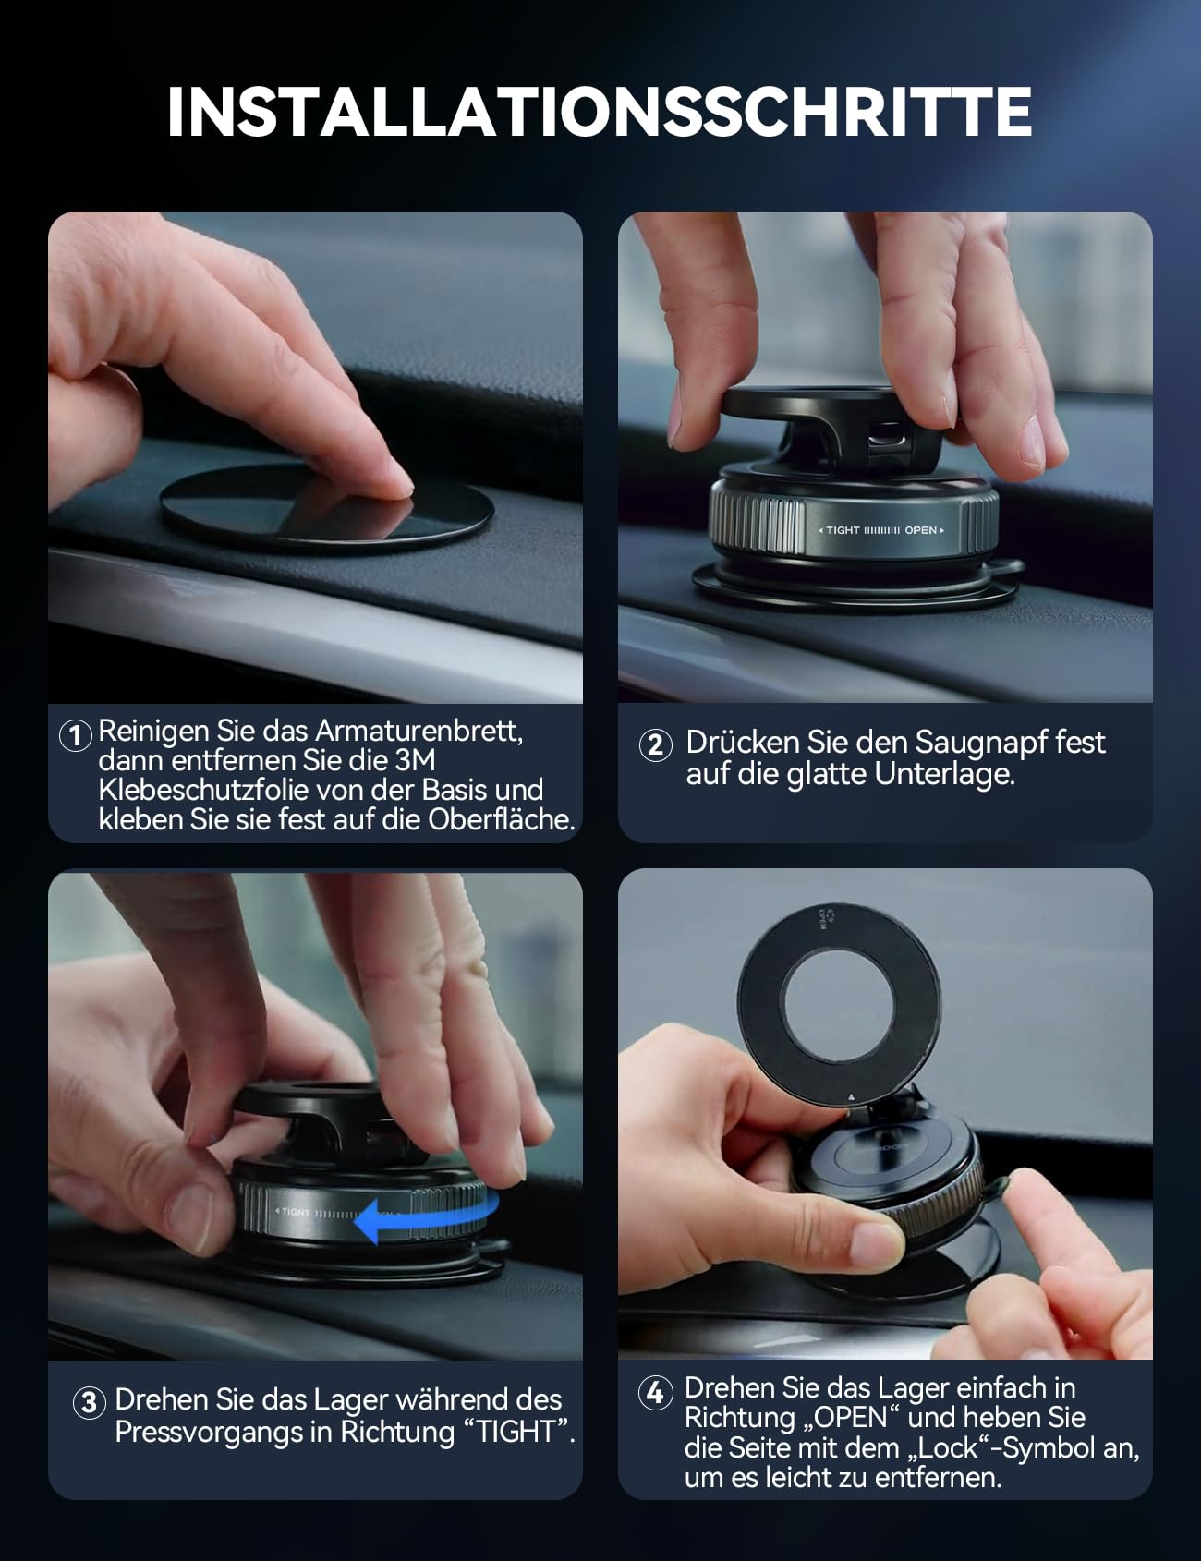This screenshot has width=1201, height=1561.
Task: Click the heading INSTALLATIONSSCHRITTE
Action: (599, 112)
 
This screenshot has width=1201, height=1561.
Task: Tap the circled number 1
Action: (76, 736)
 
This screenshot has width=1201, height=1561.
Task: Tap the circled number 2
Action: (655, 744)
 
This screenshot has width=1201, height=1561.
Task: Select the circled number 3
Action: (89, 1402)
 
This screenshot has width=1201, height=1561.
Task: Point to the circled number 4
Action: (655, 1391)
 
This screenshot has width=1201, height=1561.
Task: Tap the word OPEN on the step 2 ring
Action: (920, 530)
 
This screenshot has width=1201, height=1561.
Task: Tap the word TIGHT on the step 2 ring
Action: (843, 530)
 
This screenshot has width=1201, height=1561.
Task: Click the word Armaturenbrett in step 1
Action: (419, 731)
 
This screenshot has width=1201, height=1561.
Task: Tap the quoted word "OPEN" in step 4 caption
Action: (847, 1417)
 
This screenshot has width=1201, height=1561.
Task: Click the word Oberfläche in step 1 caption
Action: (501, 819)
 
